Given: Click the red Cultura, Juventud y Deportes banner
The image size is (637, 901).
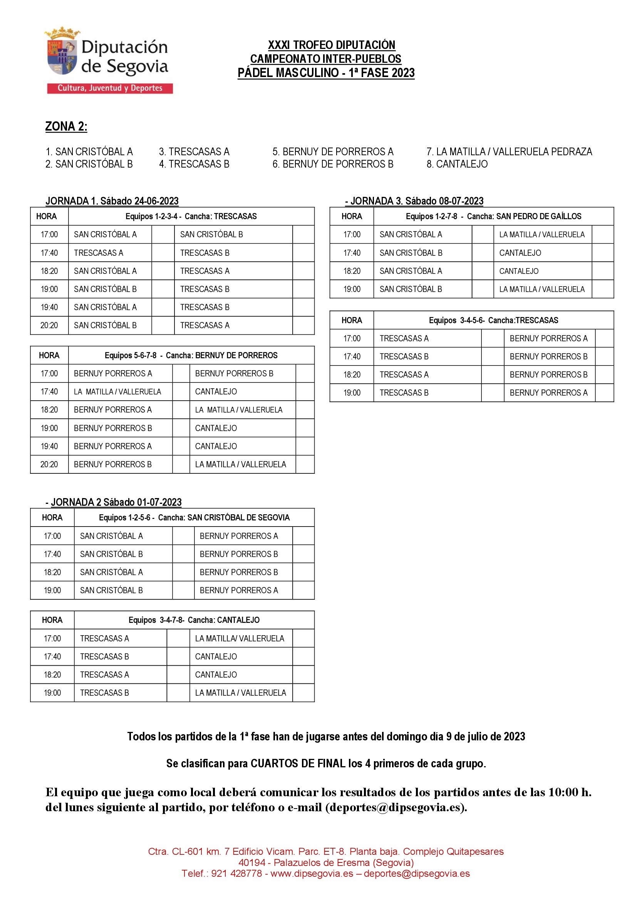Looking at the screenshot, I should click(110, 88).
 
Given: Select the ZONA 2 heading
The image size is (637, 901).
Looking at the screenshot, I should click(66, 126).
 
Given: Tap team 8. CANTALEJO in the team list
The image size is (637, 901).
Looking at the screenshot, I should click(457, 164).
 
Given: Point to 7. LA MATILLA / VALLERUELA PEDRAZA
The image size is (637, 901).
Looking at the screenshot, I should click(509, 151).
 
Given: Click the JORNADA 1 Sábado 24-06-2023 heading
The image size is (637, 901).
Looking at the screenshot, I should click(112, 201).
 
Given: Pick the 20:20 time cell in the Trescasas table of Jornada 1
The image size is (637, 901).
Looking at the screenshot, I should click(49, 326).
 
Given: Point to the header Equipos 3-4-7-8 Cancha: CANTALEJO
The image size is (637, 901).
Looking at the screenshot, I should click(194, 620).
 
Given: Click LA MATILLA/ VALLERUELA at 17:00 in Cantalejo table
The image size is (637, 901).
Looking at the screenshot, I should click(239, 638).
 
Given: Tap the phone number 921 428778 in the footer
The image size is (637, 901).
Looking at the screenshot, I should click(236, 874).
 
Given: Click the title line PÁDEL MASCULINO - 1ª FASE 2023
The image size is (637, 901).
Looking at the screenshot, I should click(326, 73).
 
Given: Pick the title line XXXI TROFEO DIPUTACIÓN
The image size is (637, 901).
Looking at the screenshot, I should click(332, 45).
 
